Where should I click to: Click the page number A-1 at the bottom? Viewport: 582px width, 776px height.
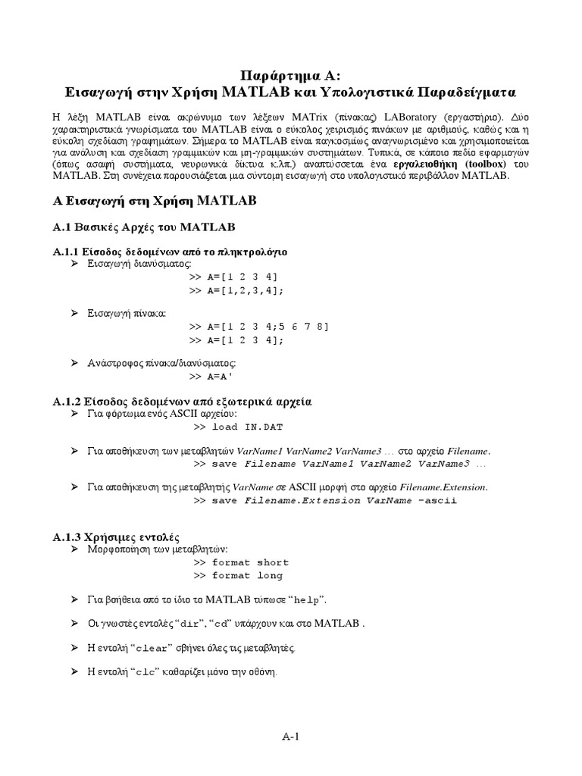coord(291,735)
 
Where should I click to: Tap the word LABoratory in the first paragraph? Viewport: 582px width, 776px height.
coord(409,118)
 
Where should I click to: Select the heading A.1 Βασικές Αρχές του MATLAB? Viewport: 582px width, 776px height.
coord(144,227)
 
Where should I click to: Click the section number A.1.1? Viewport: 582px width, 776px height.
coord(70,251)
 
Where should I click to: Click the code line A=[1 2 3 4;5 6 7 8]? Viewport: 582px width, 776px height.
coord(268,327)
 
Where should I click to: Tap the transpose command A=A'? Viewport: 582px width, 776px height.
coord(228,377)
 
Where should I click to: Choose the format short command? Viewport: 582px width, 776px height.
coord(250,563)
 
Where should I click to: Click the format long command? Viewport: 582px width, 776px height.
coord(247,576)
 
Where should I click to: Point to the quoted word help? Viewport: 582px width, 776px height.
coord(306,600)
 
